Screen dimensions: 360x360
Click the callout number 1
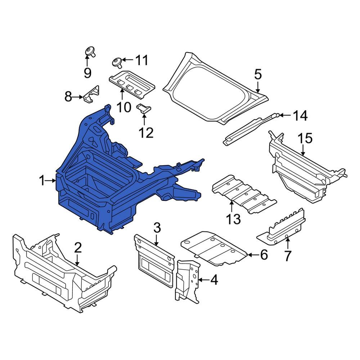tap(42, 181)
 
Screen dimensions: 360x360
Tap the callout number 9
tap(87, 73)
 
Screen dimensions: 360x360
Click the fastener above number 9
tap(90, 51)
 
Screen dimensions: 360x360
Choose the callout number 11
tap(141, 60)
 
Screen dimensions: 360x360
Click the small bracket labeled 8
tap(91, 94)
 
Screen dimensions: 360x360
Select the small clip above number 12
tap(144, 108)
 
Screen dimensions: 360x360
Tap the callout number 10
tap(124, 107)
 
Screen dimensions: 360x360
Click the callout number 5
tap(258, 75)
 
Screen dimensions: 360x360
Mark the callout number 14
tap(301, 116)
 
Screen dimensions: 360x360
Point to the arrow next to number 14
tap(286, 115)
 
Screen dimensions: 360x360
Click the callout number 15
tap(305, 139)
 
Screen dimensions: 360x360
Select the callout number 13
tap(234, 219)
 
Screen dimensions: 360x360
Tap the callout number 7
tap(288, 256)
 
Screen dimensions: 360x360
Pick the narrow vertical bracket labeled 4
tap(187, 282)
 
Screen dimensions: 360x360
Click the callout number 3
tap(157, 228)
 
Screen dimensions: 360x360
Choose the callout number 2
tap(78, 248)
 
